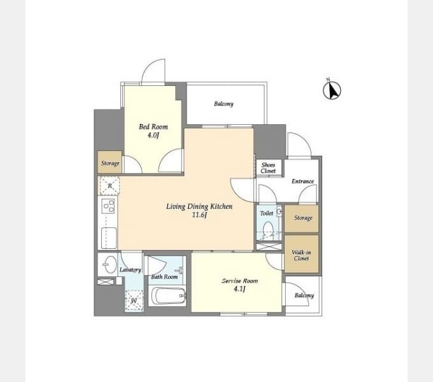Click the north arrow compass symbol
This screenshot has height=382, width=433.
(332, 90)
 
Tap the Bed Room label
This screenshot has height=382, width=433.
(153, 127)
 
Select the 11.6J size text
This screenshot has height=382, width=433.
(199, 215)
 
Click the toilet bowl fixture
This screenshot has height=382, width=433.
(268, 229)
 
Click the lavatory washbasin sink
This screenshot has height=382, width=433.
(110, 264)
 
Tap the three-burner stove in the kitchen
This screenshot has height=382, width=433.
(108, 206)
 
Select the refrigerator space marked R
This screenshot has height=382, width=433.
(110, 186)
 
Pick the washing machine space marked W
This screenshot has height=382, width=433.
(134, 301)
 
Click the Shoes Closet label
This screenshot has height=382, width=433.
(268, 167)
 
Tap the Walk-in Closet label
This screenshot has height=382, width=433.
(301, 255)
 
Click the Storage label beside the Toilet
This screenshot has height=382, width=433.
(303, 218)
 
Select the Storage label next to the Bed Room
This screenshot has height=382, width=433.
(110, 163)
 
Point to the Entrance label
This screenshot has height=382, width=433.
(302, 181)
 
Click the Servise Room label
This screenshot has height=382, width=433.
(239, 281)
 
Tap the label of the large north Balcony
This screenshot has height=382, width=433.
(224, 104)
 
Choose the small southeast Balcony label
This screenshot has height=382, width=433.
(304, 295)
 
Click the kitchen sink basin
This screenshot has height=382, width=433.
(109, 237)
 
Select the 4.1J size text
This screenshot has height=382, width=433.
(239, 289)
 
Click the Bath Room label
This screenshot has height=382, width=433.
(164, 276)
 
